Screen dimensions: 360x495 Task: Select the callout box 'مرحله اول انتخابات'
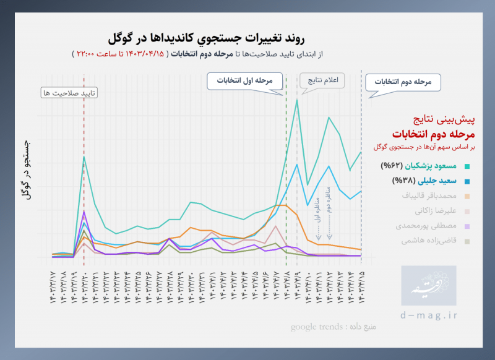pos(245,80)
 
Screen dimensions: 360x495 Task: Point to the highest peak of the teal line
pos(297,100)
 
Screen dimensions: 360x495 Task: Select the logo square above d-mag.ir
pos(428,286)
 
